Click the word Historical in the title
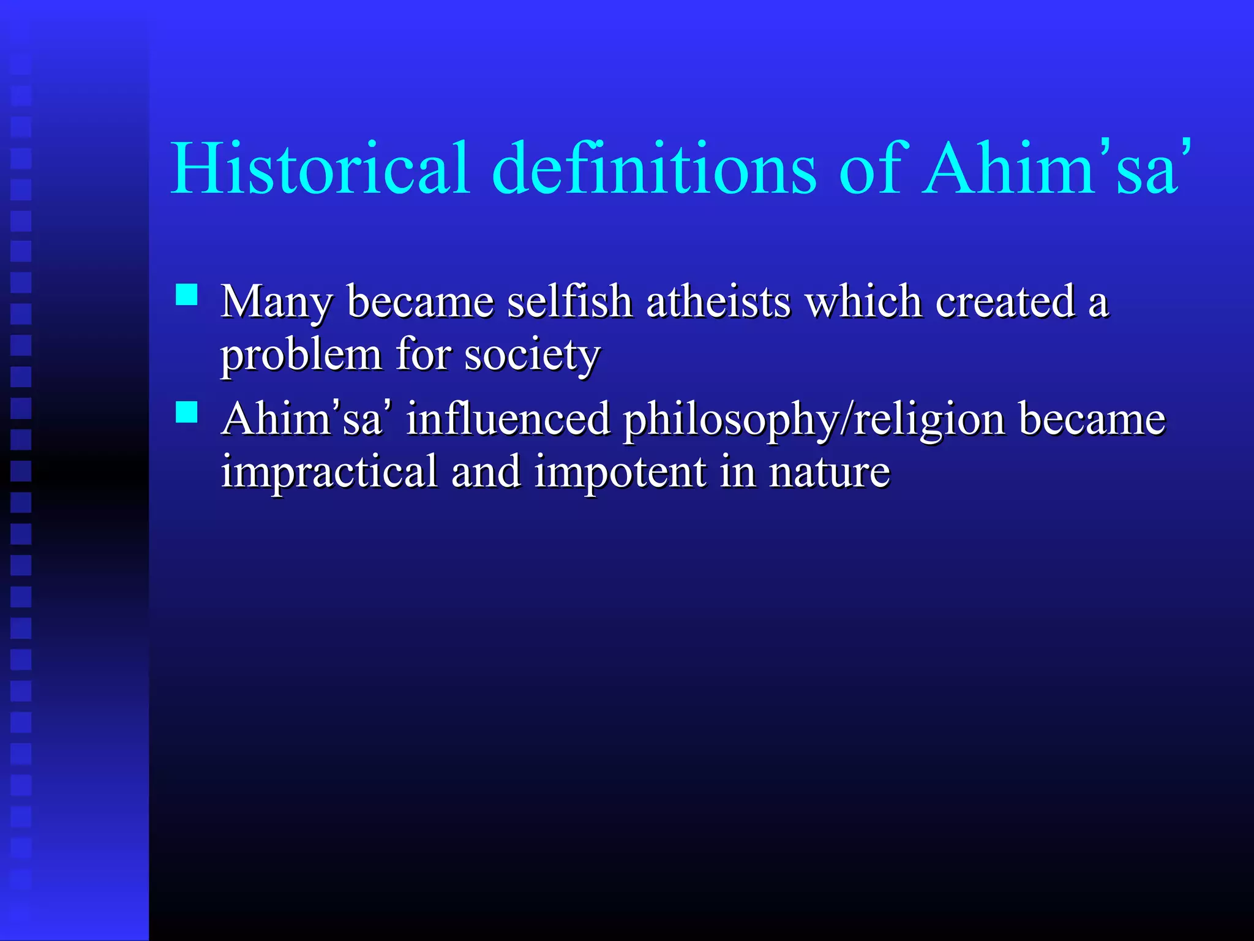click(320, 168)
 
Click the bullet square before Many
click(187, 295)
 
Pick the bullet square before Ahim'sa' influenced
click(187, 412)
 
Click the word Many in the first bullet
click(277, 303)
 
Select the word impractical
click(329, 473)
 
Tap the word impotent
click(620, 473)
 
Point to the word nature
click(829, 473)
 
